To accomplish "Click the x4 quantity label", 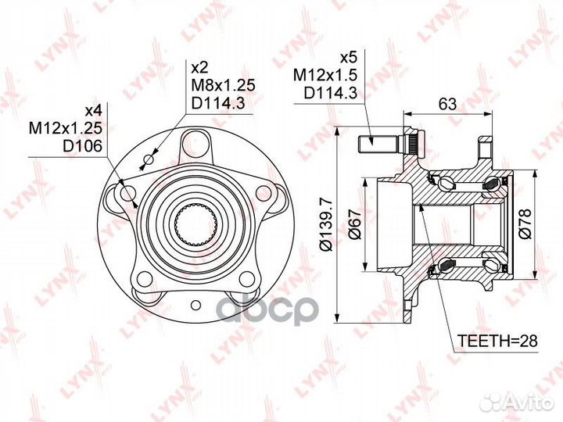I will (x=93, y=110).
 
